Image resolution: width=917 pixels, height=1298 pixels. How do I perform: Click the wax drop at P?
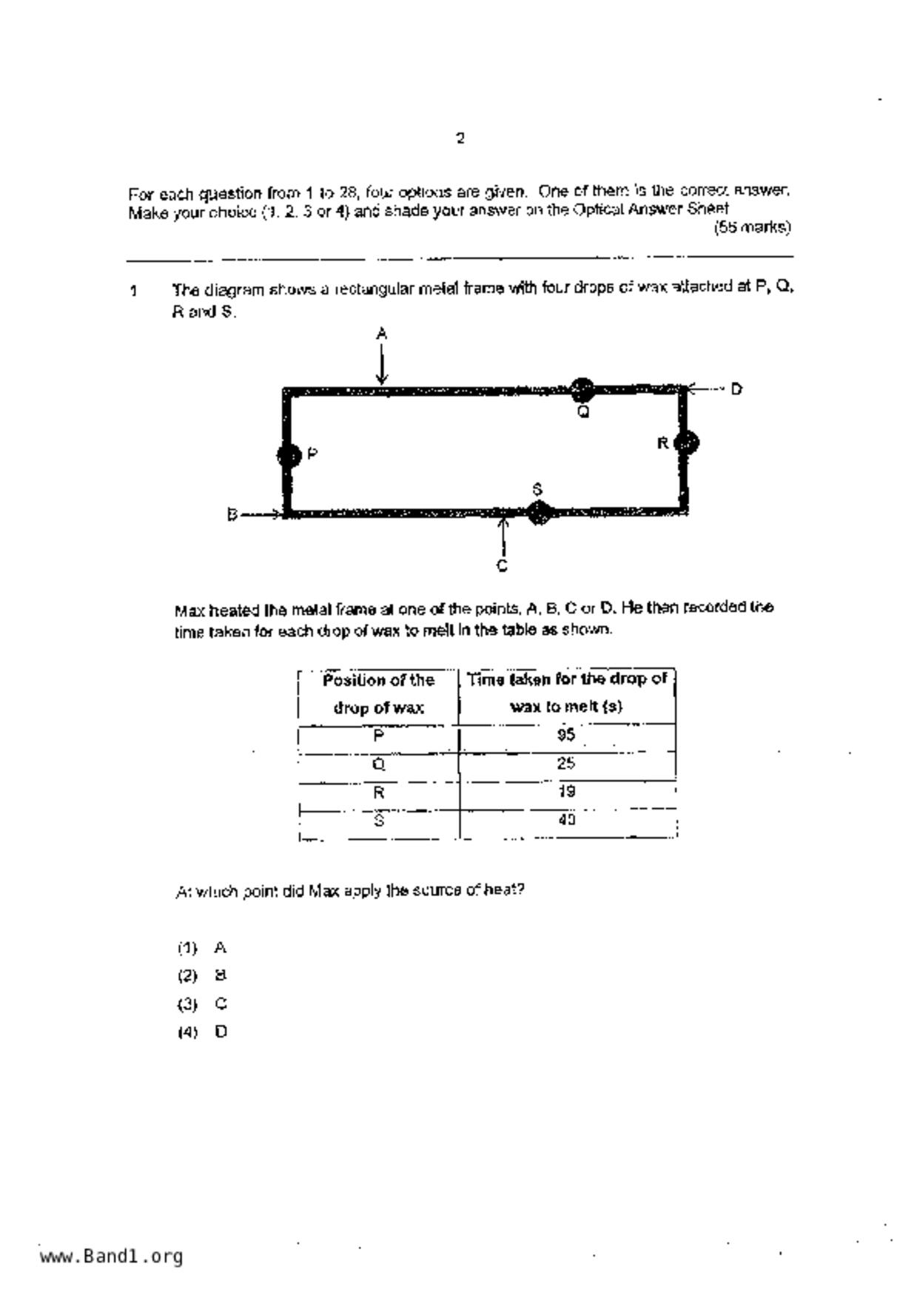coord(289,455)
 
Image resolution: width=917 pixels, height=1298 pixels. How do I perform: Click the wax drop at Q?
coord(582,389)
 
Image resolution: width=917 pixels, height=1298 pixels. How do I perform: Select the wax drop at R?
coord(687,443)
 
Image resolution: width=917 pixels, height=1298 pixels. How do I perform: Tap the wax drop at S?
coord(539,511)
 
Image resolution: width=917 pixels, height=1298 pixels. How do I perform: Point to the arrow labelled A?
coord(382,366)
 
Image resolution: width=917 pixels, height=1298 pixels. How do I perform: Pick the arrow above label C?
coord(503,536)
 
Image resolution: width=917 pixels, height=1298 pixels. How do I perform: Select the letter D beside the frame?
coord(736,389)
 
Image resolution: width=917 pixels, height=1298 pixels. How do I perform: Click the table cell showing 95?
coord(567,736)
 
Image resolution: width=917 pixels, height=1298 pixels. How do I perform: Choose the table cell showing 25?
coord(567,764)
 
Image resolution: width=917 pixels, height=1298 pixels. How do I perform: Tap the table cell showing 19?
coord(567,792)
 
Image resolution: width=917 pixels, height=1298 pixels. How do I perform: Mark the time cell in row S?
coord(567,820)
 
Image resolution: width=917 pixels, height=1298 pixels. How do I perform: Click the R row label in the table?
coord(378,793)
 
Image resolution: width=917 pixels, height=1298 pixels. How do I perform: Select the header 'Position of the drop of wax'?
coord(378,693)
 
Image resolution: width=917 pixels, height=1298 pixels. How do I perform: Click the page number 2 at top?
coord(460,138)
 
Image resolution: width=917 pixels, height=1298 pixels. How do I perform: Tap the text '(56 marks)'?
coord(752,228)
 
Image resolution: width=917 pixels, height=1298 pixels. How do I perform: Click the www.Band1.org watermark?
coord(111,1256)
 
